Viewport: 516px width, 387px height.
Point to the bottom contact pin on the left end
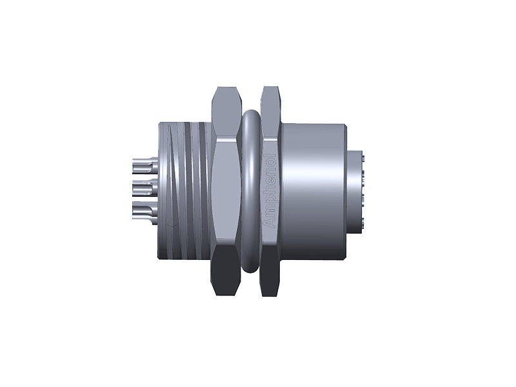tap(143, 210)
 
